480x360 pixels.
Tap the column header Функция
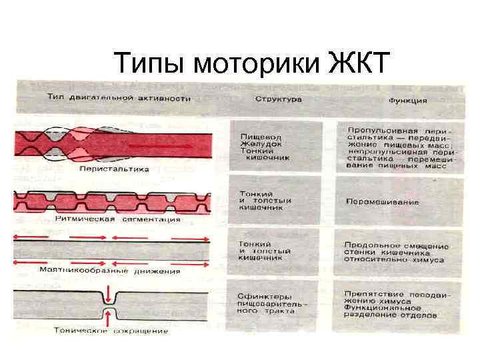click(407, 101)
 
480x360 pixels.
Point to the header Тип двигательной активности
click(119, 98)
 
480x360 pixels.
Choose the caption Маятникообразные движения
click(109, 271)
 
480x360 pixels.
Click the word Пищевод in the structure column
click(257, 135)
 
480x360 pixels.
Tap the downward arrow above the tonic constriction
click(109, 294)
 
